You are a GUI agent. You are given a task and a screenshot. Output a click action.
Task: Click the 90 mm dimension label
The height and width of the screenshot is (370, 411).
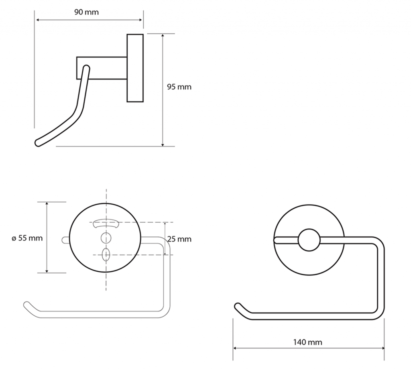point(86,12)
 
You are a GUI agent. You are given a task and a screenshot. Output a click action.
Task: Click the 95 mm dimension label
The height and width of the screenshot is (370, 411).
point(179,87)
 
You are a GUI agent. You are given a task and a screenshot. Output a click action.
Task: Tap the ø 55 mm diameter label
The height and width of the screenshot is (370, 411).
point(27,238)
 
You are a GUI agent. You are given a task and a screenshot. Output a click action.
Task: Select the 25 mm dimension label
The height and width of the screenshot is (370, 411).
point(179,239)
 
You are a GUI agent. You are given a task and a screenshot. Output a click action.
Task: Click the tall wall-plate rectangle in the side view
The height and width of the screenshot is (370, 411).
point(135,68)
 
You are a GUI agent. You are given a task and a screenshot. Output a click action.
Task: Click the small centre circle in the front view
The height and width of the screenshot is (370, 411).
point(309,240)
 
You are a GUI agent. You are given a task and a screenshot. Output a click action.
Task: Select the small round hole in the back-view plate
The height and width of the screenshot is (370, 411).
point(106,238)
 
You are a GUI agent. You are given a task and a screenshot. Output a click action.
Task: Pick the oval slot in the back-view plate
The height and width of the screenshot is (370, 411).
point(106,255)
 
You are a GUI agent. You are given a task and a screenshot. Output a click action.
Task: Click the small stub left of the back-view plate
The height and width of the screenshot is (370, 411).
point(65,240)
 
